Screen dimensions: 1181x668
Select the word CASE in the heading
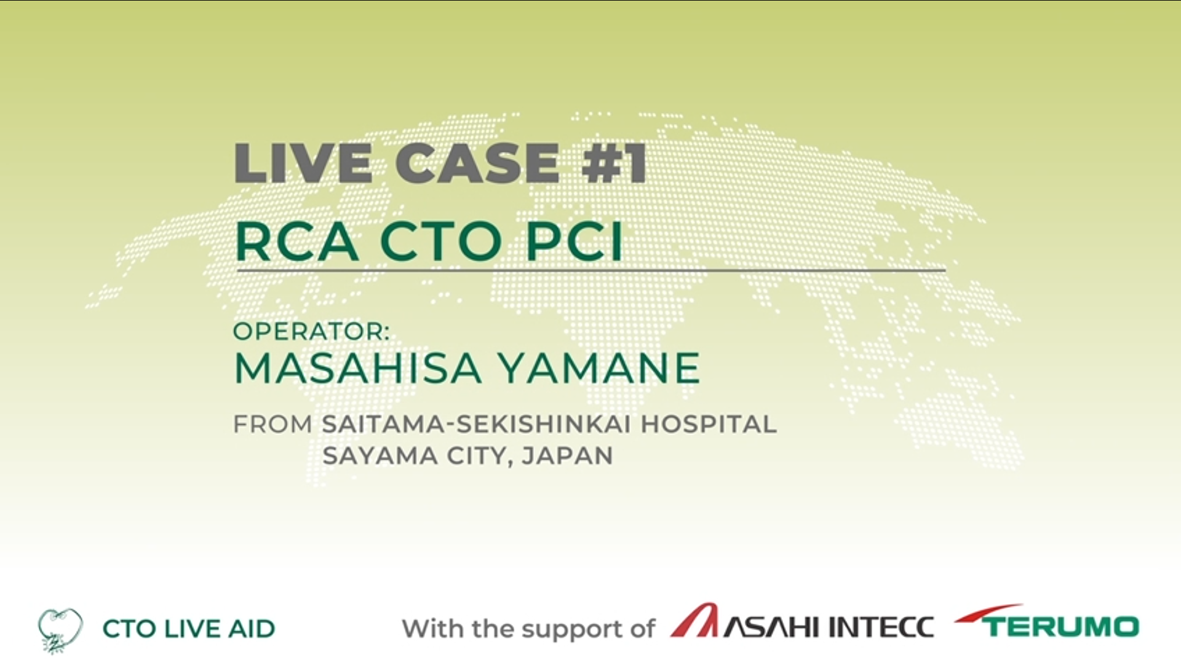(x=477, y=163)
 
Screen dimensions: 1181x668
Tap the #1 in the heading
(x=614, y=163)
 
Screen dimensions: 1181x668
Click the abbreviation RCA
(x=296, y=241)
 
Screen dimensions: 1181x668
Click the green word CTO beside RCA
(x=441, y=241)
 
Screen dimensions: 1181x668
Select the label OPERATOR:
(x=311, y=332)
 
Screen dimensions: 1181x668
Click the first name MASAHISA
(x=357, y=368)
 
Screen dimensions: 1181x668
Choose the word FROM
(x=273, y=425)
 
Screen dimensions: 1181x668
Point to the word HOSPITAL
(x=709, y=425)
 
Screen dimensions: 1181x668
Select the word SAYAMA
(x=380, y=456)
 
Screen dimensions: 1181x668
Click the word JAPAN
(x=567, y=456)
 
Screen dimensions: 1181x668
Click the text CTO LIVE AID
(x=189, y=629)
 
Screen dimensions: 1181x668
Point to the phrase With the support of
(x=528, y=629)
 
